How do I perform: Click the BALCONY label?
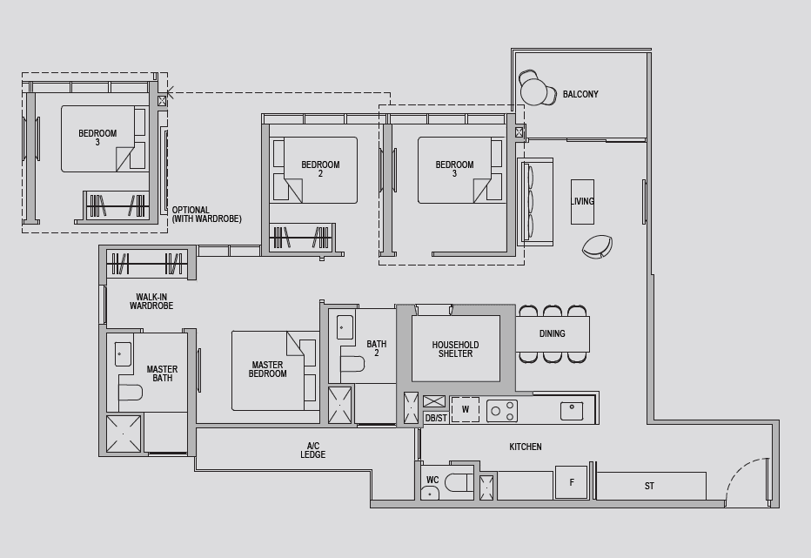click(580, 94)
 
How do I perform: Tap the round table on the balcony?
click(534, 93)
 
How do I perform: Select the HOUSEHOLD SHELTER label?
click(455, 349)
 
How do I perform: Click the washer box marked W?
click(465, 409)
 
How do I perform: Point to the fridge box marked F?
click(572, 482)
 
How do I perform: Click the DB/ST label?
click(436, 418)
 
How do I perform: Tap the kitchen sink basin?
click(572, 411)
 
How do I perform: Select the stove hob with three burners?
click(502, 411)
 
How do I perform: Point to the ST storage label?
click(649, 486)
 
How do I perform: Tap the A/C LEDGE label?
click(313, 450)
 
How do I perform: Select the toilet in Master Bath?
click(131, 393)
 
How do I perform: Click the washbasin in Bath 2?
click(345, 327)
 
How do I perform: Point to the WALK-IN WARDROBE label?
click(151, 301)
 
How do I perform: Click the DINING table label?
click(552, 334)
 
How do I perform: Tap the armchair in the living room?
click(598, 246)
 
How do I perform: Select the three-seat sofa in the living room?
click(536, 201)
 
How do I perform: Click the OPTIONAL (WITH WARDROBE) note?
click(206, 214)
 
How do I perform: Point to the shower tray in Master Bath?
click(123, 434)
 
